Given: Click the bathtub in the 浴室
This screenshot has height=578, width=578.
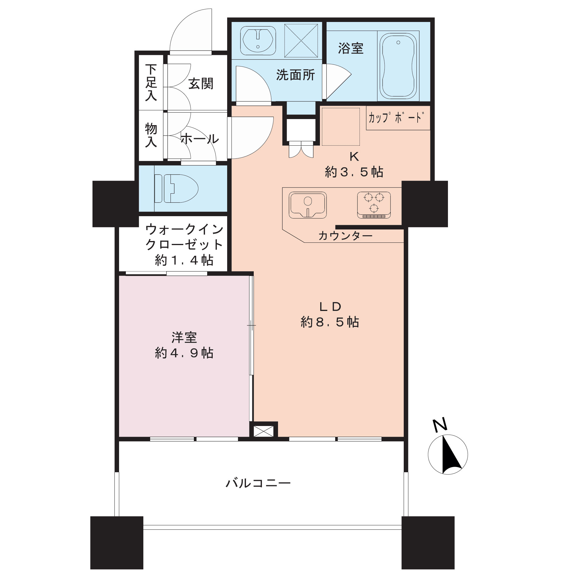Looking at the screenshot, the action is point(398,66).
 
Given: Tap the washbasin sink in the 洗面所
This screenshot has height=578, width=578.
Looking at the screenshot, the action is point(258,41).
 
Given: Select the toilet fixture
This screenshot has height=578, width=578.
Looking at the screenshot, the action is point(176,188).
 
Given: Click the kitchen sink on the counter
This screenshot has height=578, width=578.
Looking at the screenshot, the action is point(307,205).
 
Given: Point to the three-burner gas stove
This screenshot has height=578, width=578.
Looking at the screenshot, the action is point(374,205).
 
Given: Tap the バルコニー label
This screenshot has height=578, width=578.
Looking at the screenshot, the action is point(258,483).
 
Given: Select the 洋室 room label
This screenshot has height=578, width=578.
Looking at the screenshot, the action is point(184,338).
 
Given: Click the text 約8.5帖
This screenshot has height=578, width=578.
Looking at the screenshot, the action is point(330,322).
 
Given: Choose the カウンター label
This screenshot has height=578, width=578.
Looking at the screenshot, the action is point(346,236).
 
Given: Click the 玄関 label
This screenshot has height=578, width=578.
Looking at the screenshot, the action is point(201,84).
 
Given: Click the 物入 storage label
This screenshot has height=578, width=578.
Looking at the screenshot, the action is point(151,135).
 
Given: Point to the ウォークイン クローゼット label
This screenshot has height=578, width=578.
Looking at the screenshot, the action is point(184,237).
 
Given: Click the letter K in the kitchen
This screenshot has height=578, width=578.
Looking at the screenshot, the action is point(354,156).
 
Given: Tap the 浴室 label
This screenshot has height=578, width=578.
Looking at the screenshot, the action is point(351,48).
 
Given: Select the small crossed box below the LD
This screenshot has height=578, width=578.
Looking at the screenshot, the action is point(264,431).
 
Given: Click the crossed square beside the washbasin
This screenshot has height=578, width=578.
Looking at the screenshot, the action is point(301,41).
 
